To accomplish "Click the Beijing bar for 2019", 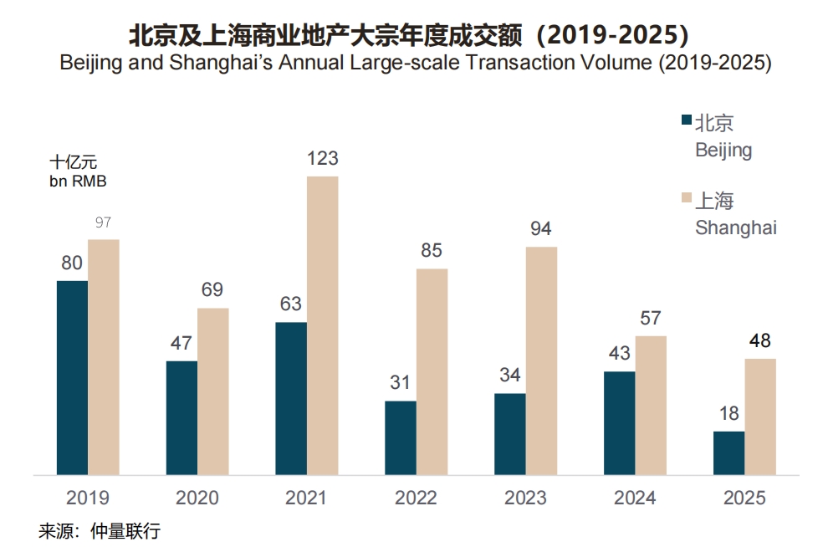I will (72, 378).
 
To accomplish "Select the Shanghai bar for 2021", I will (322, 325).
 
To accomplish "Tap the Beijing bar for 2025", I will (728, 453).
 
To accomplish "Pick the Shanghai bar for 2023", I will (541, 360).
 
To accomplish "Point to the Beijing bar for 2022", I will (400, 437).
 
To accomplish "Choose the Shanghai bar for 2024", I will (651, 406).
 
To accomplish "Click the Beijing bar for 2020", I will (181, 418).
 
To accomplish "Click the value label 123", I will (322, 159).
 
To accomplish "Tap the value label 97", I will (103, 222).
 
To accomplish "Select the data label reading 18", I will (728, 414).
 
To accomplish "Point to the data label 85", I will (432, 250).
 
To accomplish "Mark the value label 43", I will (619, 354).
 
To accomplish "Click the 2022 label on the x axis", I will (416, 498).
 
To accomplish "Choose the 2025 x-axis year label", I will (744, 498).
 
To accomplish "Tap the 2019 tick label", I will (88, 498).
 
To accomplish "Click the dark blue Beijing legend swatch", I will (687, 122).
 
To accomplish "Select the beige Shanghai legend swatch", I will (687, 199).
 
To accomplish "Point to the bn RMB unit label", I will (79, 180).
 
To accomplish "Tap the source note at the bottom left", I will (99, 531).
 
